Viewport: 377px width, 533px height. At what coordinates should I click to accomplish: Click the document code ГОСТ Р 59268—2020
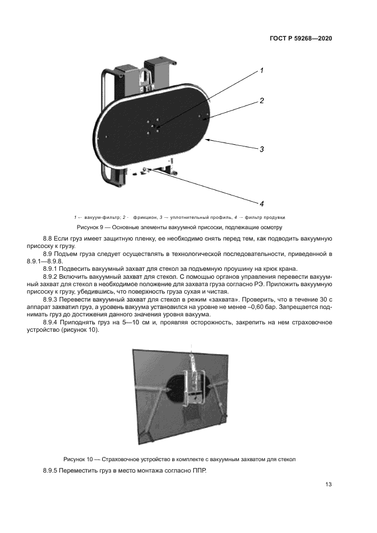(x=300, y=39)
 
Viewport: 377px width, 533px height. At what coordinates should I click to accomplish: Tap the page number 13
(x=328, y=485)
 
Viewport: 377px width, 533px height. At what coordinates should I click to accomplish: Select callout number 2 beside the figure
(x=261, y=101)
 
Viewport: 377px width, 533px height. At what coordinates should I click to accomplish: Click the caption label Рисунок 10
(x=80, y=459)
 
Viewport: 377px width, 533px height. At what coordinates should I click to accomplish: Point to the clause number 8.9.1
(x=52, y=268)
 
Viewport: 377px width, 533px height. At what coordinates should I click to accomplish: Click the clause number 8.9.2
(x=52, y=276)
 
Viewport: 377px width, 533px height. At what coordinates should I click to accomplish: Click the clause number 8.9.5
(x=52, y=472)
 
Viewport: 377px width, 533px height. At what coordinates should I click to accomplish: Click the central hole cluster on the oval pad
(x=153, y=126)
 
